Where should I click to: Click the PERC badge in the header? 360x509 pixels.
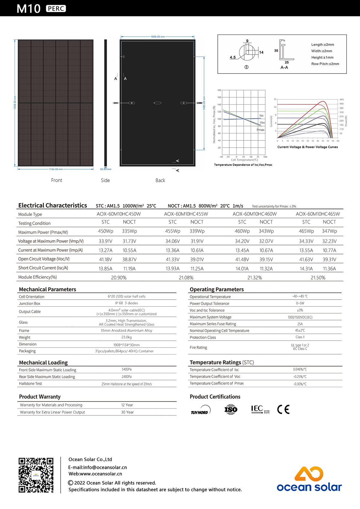(56, 8)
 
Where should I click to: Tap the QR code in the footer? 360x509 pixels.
(36, 475)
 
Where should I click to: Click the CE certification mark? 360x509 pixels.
(283, 409)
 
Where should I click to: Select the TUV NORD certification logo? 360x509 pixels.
(201, 410)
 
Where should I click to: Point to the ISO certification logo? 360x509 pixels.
(231, 409)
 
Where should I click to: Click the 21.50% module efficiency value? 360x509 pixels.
(318, 278)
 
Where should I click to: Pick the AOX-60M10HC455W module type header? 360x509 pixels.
(186, 214)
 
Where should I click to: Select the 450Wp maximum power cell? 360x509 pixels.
(106, 231)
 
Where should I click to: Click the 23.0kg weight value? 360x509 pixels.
(127, 337)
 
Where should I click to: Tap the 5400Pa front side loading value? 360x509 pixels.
(127, 370)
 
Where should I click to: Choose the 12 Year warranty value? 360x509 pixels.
(127, 405)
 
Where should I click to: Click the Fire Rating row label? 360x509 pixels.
(198, 348)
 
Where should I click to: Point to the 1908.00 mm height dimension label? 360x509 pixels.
(15, 103)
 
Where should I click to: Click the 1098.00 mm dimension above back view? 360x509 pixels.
(157, 37)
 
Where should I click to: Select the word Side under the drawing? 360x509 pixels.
(105, 181)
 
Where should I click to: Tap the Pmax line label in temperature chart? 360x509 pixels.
(260, 130)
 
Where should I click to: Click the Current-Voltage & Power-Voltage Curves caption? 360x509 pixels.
(307, 147)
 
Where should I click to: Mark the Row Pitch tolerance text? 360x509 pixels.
(325, 64)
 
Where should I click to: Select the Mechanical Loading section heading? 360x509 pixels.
(43, 363)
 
